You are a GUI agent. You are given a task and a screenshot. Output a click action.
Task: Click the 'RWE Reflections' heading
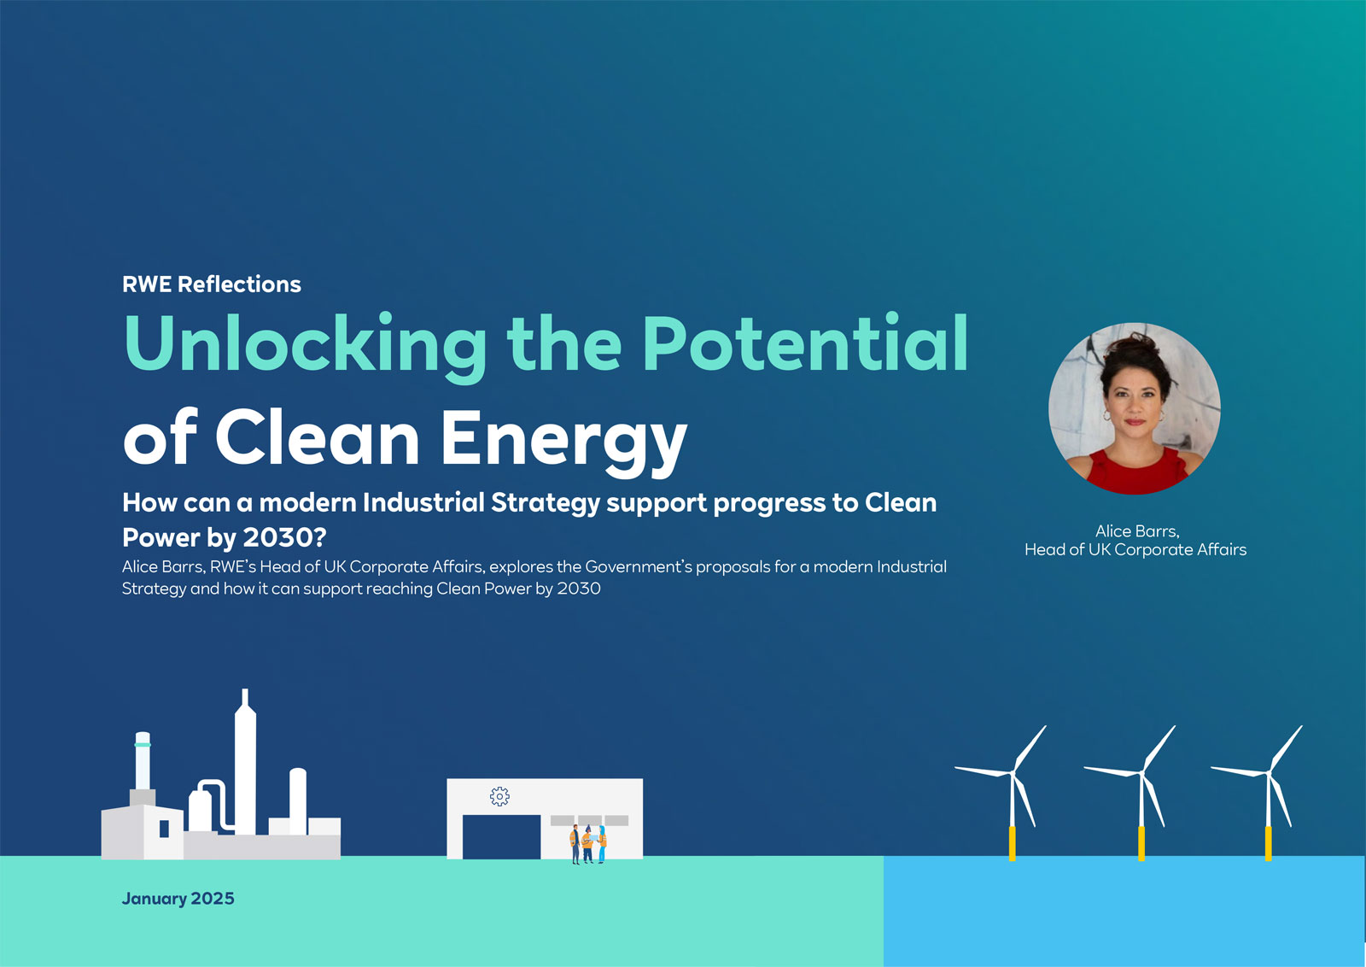[x=211, y=284]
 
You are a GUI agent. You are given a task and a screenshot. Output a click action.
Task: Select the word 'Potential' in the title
[x=806, y=343]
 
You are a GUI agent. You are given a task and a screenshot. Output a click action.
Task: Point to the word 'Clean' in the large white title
[x=317, y=437]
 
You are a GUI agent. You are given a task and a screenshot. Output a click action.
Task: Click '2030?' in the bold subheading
[x=285, y=537]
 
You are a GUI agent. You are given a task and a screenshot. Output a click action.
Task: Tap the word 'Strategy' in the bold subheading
[x=546, y=504]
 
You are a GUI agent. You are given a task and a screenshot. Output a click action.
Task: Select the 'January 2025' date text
[x=178, y=899]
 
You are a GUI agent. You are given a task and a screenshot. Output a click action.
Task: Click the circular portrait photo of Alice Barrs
[x=1135, y=408]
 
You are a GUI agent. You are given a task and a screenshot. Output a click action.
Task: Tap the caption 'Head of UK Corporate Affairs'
[x=1135, y=549]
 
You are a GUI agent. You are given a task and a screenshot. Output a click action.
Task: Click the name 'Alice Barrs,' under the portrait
[x=1137, y=531]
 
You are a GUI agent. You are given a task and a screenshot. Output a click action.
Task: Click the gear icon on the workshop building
[x=499, y=796]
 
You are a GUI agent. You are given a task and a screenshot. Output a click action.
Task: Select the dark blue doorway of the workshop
[x=501, y=836]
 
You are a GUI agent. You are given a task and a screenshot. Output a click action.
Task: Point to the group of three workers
[x=588, y=844]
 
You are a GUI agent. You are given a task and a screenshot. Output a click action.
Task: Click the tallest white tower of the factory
[x=245, y=763]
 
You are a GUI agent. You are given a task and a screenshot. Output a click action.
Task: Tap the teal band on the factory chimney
[x=143, y=744]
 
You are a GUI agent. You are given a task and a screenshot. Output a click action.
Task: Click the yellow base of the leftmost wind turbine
[x=1013, y=844]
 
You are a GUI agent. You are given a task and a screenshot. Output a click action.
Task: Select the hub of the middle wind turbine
[x=1141, y=774]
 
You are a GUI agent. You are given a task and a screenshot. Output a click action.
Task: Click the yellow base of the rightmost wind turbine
[x=1269, y=844]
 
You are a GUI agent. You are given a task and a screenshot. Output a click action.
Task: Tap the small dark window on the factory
[x=164, y=829]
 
